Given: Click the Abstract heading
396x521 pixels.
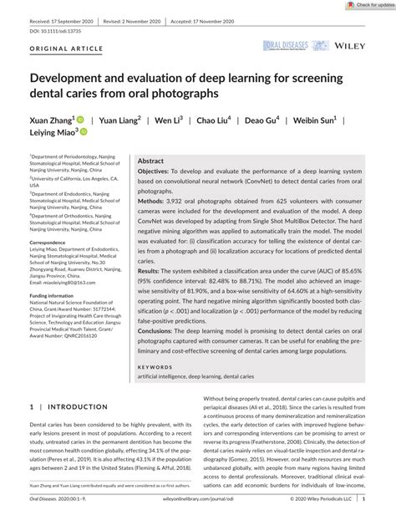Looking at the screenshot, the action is [150, 160].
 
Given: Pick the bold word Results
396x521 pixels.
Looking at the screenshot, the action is [150, 272].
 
